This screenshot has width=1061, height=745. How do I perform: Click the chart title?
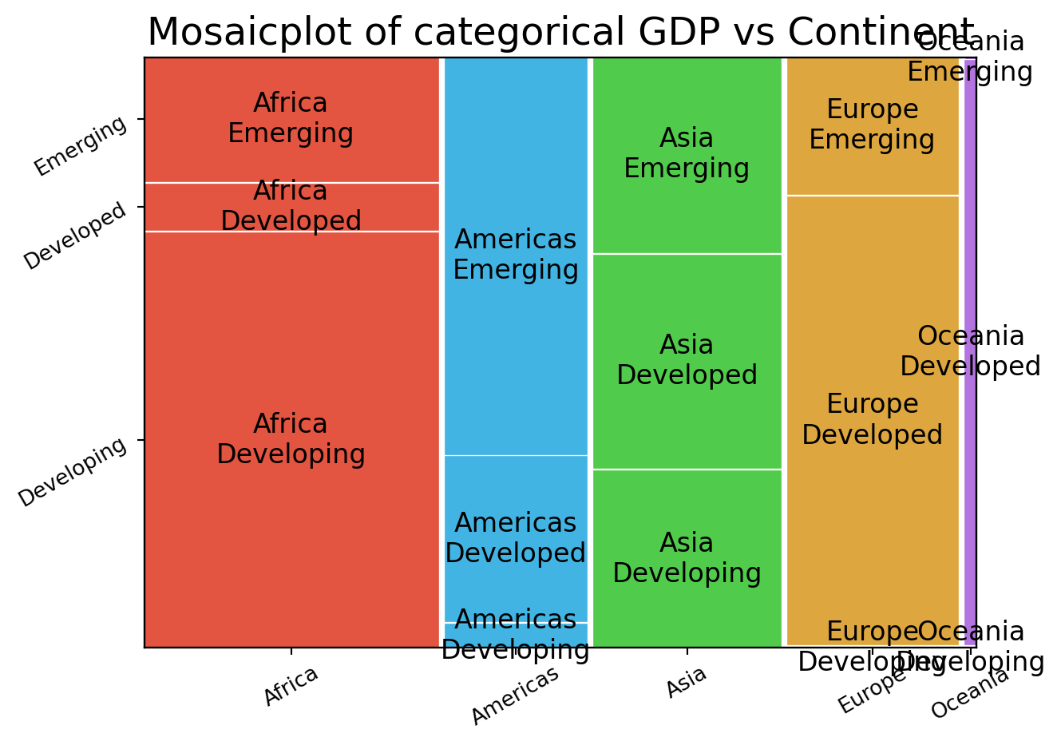click(560, 33)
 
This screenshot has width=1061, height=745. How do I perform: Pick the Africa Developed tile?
click(291, 208)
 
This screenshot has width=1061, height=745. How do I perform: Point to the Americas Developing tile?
click(516, 635)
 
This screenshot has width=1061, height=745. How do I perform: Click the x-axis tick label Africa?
click(291, 685)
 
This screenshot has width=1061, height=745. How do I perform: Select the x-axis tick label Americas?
click(515, 695)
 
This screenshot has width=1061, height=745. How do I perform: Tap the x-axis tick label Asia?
click(687, 683)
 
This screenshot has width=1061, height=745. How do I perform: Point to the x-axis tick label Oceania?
click(970, 693)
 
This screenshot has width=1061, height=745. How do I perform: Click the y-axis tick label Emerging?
click(81, 145)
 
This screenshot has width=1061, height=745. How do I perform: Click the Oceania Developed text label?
click(971, 351)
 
